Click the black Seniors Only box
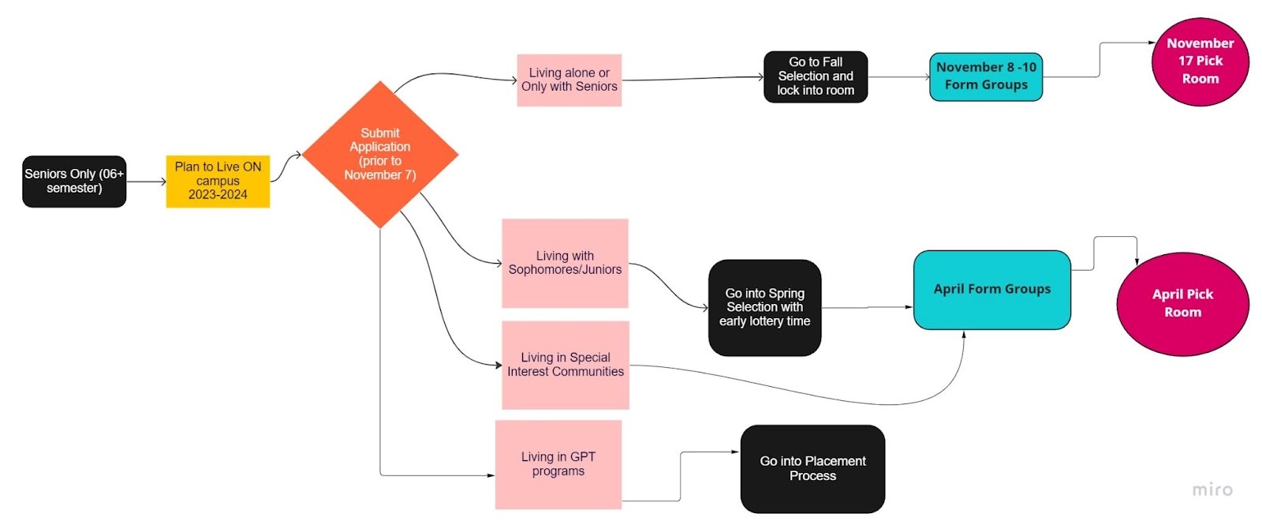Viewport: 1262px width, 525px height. pyautogui.click(x=74, y=182)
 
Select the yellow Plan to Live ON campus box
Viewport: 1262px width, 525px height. pyautogui.click(x=218, y=182)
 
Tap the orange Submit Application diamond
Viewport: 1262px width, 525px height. pyautogui.click(x=380, y=154)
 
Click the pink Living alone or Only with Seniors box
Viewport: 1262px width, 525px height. pyautogui.click(x=569, y=80)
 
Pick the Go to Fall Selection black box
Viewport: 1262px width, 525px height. pyautogui.click(x=815, y=77)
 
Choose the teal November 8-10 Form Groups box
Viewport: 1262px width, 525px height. pyautogui.click(x=986, y=77)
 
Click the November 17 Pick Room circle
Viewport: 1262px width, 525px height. pyautogui.click(x=1200, y=62)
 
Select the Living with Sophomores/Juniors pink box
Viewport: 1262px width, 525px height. pyautogui.click(x=565, y=263)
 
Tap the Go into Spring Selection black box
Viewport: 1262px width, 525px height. pyautogui.click(x=764, y=307)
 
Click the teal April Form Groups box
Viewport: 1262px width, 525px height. pyautogui.click(x=991, y=289)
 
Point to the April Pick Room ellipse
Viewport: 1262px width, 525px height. pyautogui.click(x=1182, y=304)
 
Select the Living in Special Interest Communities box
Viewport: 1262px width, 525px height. pyautogui.click(x=565, y=365)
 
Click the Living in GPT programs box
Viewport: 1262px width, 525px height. pyautogui.click(x=558, y=464)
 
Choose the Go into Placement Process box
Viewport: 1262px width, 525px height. pyautogui.click(x=812, y=468)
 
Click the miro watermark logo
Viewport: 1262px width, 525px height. pyautogui.click(x=1212, y=489)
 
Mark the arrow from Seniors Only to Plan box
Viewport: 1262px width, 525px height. pyautogui.click(x=146, y=182)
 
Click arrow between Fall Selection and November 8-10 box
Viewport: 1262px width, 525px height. pyautogui.click(x=898, y=77)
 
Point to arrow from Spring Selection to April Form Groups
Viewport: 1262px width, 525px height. pyautogui.click(x=867, y=307)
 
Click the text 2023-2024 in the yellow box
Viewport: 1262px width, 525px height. pyautogui.click(x=218, y=195)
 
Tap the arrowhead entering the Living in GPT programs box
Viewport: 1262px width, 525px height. pyautogui.click(x=491, y=475)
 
